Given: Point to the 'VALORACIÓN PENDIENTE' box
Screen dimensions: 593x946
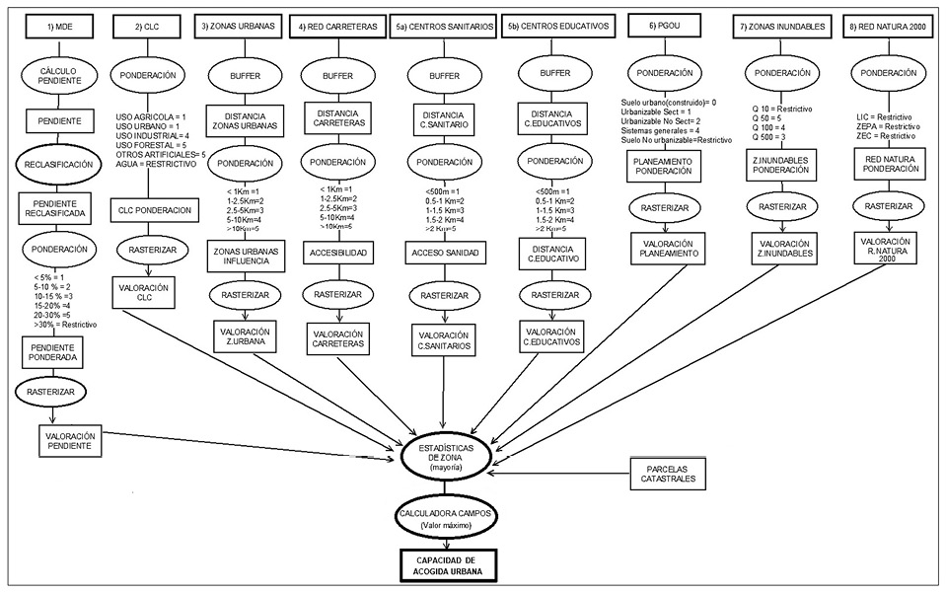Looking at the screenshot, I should click(x=68, y=439).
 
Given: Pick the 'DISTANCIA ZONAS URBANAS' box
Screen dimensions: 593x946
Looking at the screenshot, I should click(x=243, y=120).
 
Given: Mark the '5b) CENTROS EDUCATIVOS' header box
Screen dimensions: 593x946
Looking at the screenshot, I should click(x=561, y=27).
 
